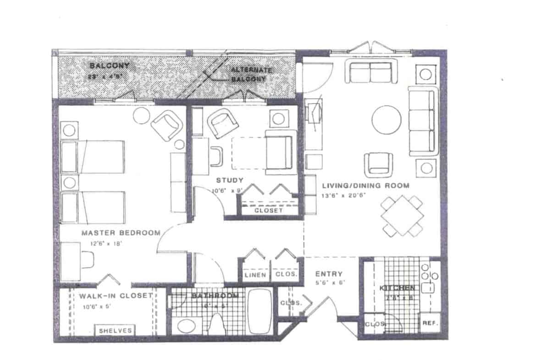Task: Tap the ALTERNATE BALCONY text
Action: point(251,74)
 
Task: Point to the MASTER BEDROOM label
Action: point(121,233)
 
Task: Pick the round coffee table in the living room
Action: point(387,120)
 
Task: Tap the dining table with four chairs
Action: point(402,216)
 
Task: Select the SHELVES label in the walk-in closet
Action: point(115,330)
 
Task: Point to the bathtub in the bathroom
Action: point(260,310)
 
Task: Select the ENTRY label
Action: point(326,274)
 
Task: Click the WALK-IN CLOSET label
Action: point(115,296)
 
